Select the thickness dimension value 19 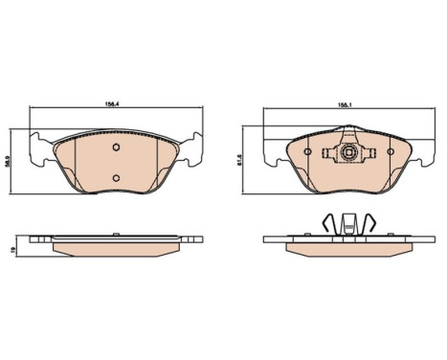pos(12,250)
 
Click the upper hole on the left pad pos(116,147)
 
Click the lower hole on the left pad pos(116,178)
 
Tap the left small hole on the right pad pos(308,152)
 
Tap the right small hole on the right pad pos(391,152)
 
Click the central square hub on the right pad pos(348,152)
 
